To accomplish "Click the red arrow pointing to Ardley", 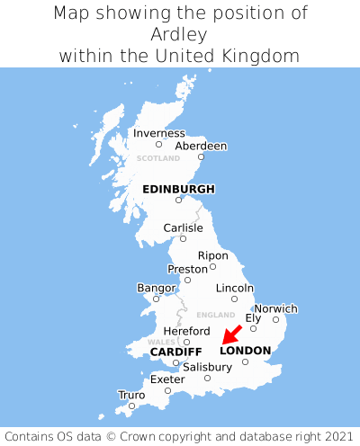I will tap(231, 334).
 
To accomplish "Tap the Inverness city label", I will tap(158, 133).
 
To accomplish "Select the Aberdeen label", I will tap(201, 146).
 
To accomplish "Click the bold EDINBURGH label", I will tap(178, 189).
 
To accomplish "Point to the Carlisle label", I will tap(183, 228).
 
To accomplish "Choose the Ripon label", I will tap(212, 255).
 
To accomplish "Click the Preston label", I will tap(187, 269).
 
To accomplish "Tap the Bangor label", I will tap(156, 288).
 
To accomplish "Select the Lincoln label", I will tap(235, 288).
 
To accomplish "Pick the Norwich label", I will tap(275, 308).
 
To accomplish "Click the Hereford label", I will tap(186, 331).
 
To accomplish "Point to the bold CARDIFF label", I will tap(175, 351).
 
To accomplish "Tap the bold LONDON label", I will tap(245, 351).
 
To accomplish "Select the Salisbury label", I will tap(207, 367).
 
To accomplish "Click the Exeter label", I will tap(166, 379).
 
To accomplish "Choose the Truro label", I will tap(131, 395).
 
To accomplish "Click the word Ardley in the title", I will tap(180, 34).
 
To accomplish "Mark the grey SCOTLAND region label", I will tap(158, 158).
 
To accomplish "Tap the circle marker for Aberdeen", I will tap(202, 157).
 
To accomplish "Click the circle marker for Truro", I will tap(132, 406).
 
